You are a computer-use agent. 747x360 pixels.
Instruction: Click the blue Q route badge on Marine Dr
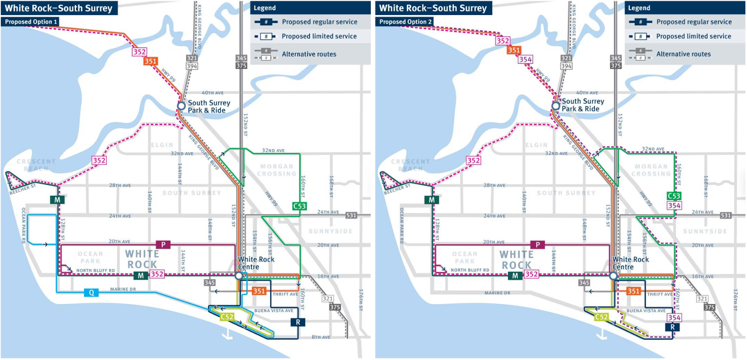click(x=91, y=293)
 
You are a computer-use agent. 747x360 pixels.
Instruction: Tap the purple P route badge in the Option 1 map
click(x=163, y=245)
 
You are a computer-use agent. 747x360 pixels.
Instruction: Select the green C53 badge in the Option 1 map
click(x=299, y=206)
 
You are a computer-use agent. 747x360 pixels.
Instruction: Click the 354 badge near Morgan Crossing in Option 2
click(x=674, y=205)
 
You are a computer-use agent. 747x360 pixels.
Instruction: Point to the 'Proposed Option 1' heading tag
click(x=31, y=22)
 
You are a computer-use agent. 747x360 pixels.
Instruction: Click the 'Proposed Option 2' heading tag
click(x=405, y=22)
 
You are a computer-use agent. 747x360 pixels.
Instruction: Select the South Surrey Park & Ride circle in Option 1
click(x=181, y=106)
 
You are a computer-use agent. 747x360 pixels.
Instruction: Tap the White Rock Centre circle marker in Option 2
click(x=613, y=276)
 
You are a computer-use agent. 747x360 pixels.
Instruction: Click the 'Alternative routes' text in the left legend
click(x=309, y=54)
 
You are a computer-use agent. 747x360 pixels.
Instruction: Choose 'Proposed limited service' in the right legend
click(x=693, y=36)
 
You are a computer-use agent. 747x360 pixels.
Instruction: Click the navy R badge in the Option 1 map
click(x=298, y=322)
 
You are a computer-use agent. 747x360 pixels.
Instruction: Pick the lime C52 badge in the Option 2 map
click(x=601, y=317)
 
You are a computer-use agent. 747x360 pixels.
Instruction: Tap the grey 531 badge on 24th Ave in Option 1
click(x=351, y=215)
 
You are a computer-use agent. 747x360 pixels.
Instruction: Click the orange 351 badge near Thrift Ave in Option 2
click(x=633, y=291)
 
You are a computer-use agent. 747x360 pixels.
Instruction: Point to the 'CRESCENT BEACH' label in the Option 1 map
click(x=36, y=165)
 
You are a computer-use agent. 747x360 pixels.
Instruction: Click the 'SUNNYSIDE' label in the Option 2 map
click(x=705, y=232)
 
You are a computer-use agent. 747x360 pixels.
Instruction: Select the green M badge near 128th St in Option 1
click(x=57, y=200)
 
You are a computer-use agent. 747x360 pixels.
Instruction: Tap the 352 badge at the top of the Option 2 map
click(x=502, y=41)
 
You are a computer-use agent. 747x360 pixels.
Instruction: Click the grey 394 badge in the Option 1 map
click(x=192, y=66)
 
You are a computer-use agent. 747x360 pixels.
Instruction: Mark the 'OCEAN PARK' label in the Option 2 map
click(x=465, y=258)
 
